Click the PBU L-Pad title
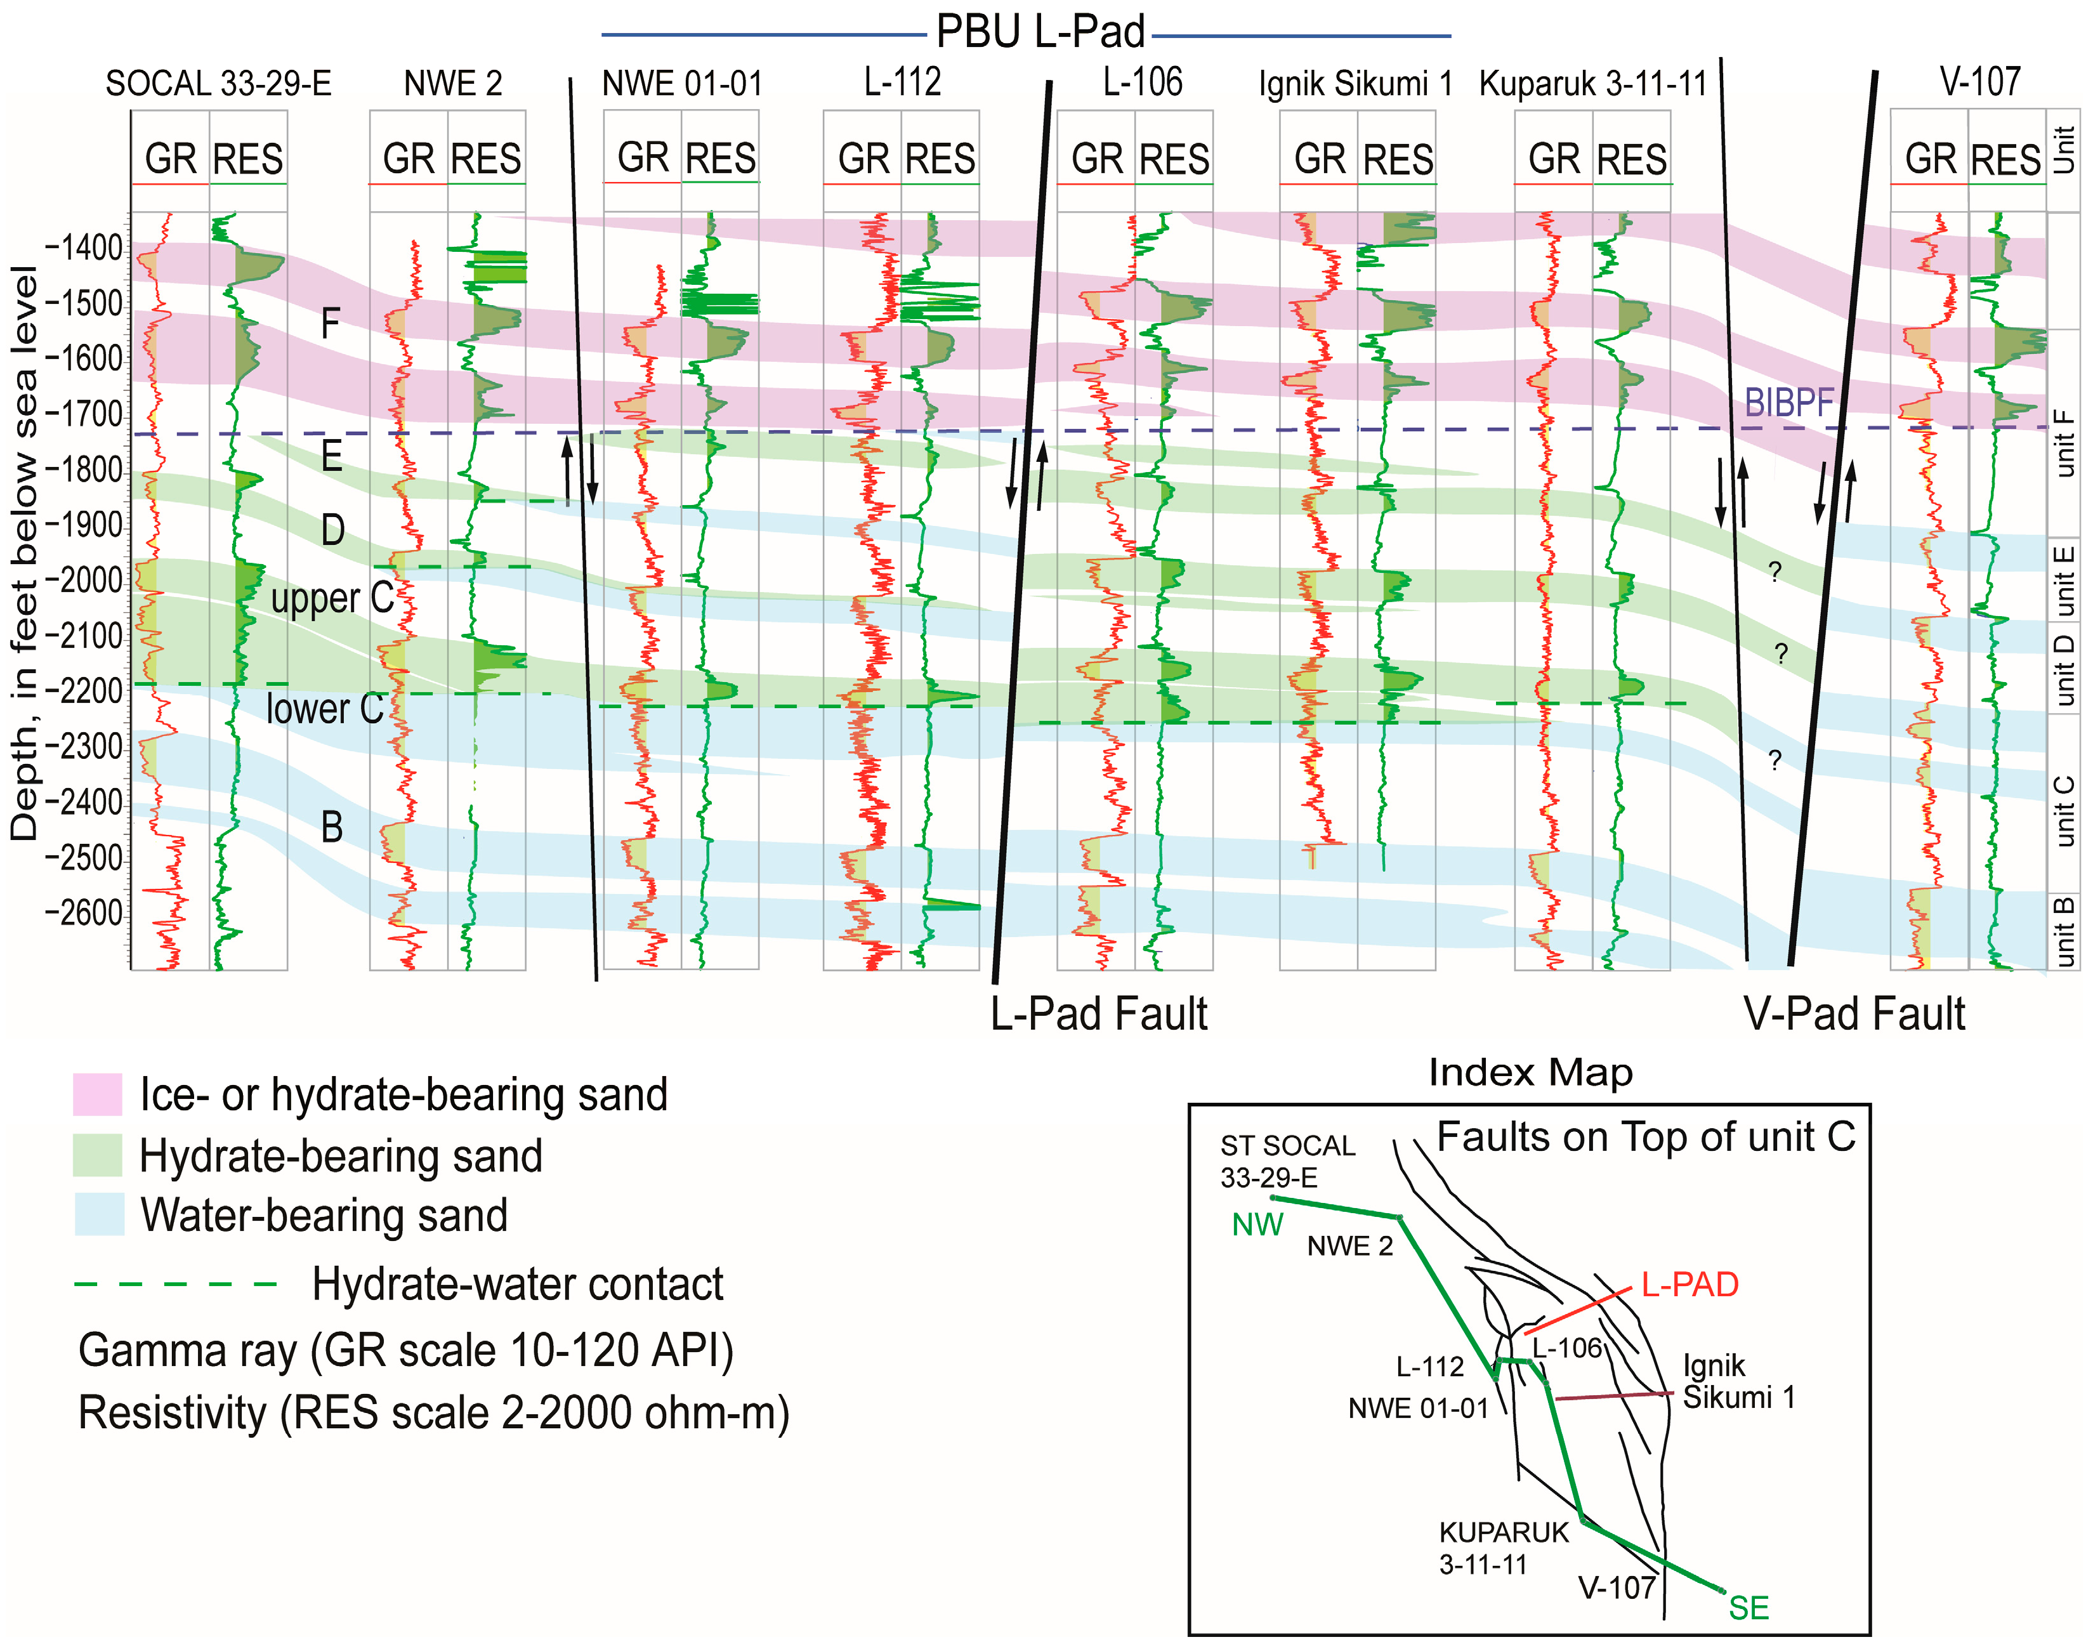pyautogui.click(x=1040, y=32)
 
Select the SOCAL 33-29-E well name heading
pyautogui.click(x=218, y=84)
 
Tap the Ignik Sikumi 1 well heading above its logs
pyautogui.click(x=1355, y=84)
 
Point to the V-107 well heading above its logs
pyautogui.click(x=1980, y=82)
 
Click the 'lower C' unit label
pyautogui.click(x=324, y=709)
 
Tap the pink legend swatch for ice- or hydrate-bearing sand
pyautogui.click(x=98, y=1094)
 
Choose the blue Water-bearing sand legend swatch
pyautogui.click(x=100, y=1214)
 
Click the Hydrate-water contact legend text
pyautogui.click(x=518, y=1284)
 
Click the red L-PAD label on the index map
pyautogui.click(x=1689, y=1285)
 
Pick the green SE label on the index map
pyautogui.click(x=1749, y=1608)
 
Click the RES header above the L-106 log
pyautogui.click(x=1174, y=159)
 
